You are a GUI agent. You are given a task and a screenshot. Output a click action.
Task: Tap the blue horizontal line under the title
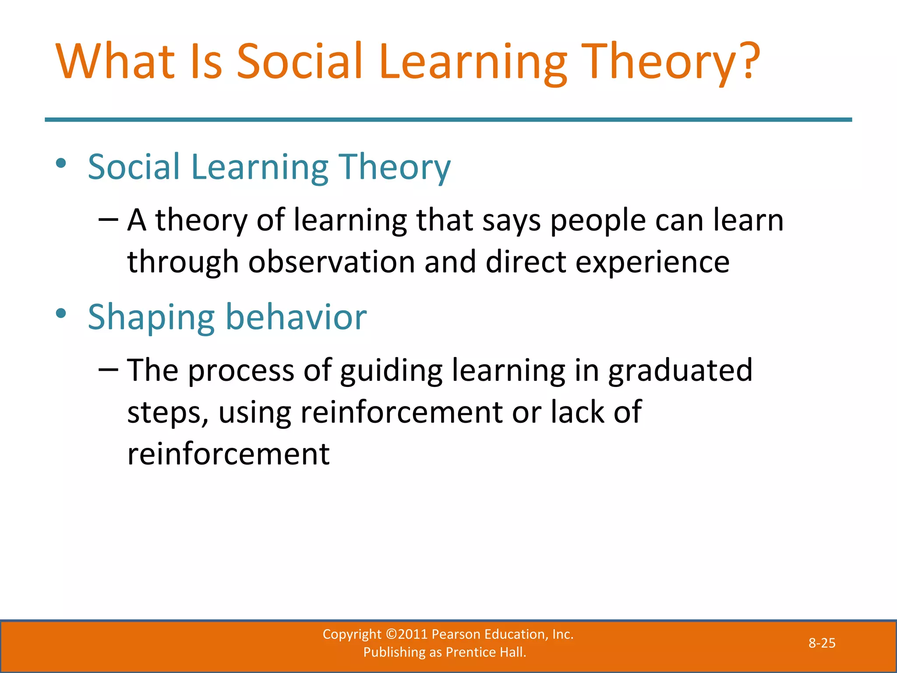click(448, 120)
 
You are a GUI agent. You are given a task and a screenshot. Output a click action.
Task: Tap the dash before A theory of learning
click(108, 220)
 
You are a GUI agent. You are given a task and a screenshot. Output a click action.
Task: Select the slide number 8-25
click(822, 643)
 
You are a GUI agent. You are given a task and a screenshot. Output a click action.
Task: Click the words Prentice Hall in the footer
click(485, 652)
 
